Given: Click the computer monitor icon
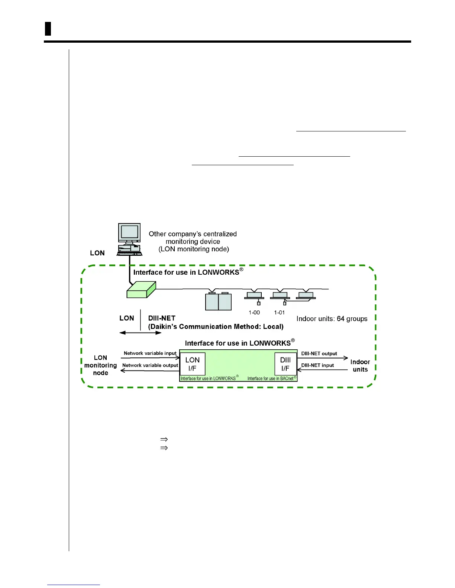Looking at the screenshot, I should coord(129,233).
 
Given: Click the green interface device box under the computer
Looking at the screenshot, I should coord(141,290).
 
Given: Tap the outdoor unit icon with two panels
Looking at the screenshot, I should coord(219,301).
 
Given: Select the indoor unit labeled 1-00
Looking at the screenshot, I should coord(254,296).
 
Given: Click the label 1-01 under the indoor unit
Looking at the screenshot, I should coord(279,313).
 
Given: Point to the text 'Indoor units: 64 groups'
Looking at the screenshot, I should coord(332,319).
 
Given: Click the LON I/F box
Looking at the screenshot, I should coord(193,364).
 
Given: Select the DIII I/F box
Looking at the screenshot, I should coord(285,364).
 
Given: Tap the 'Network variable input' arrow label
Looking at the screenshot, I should coord(150,353).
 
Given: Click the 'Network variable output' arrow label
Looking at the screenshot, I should coord(150,365).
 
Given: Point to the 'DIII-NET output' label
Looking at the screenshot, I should coord(319,354).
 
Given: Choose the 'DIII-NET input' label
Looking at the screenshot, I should coord(317,365).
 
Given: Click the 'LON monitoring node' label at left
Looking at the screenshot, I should coord(100,365).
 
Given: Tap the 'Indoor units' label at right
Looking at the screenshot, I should coord(360,366).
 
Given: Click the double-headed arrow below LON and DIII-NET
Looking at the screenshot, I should coord(141,333).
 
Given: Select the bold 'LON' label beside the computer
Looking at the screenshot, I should coord(97,253).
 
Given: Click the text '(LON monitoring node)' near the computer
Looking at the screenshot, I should coord(194,249).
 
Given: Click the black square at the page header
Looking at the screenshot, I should coord(48,29).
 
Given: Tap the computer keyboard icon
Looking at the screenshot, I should coord(129,254).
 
